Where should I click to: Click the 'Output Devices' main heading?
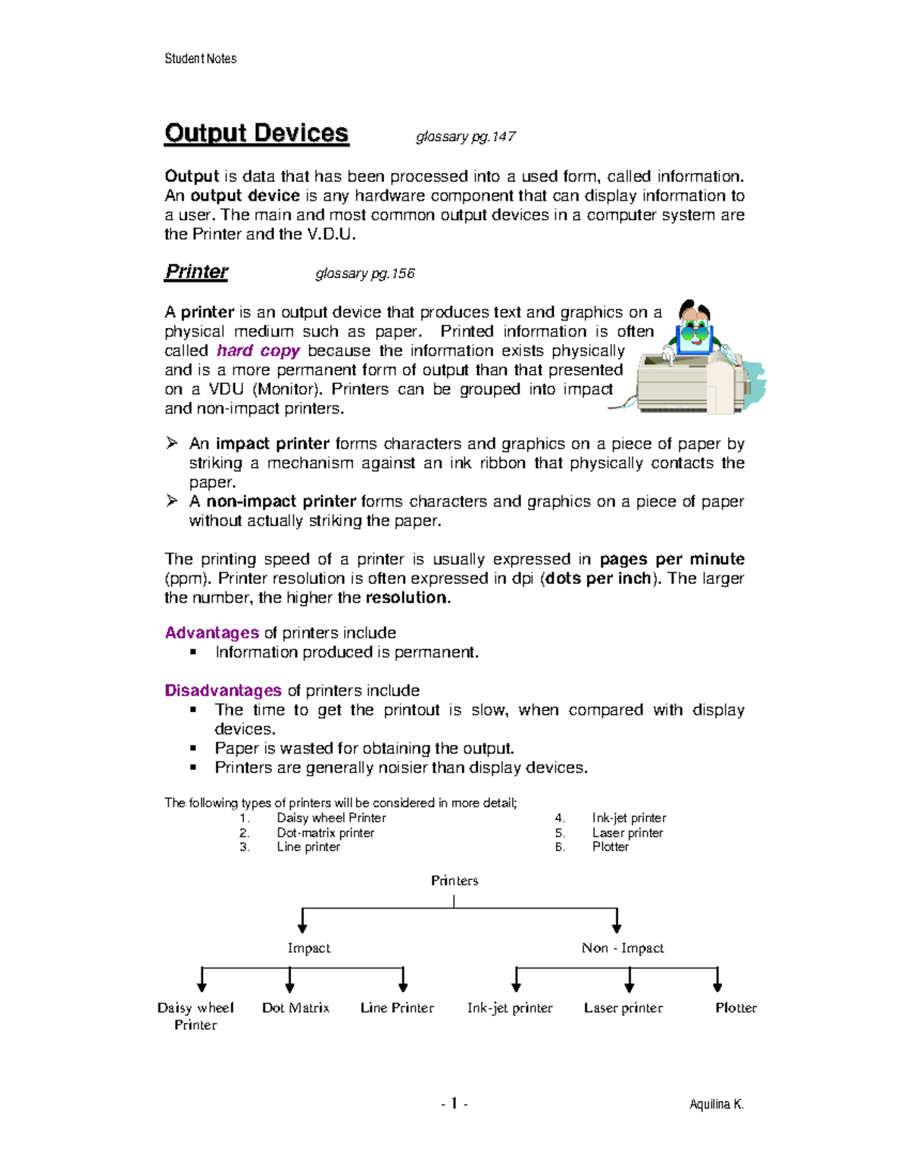(x=256, y=133)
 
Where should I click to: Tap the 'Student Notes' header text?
(x=200, y=59)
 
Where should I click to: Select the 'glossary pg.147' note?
(x=466, y=137)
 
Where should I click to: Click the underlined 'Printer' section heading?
(x=196, y=272)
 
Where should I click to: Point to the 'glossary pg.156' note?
(x=365, y=274)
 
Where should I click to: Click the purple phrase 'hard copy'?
(x=258, y=351)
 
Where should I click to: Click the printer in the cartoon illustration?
(x=682, y=382)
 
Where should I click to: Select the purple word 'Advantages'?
(x=212, y=633)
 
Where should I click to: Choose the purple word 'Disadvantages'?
(x=223, y=691)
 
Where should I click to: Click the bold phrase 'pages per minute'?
(x=672, y=560)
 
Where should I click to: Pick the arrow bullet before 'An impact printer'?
(x=172, y=443)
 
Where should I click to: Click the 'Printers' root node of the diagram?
(x=454, y=881)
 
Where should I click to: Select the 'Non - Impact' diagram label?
(x=623, y=948)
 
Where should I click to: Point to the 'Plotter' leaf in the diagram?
(x=736, y=1008)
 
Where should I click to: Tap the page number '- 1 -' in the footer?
(x=454, y=1104)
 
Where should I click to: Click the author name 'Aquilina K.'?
(x=716, y=1105)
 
